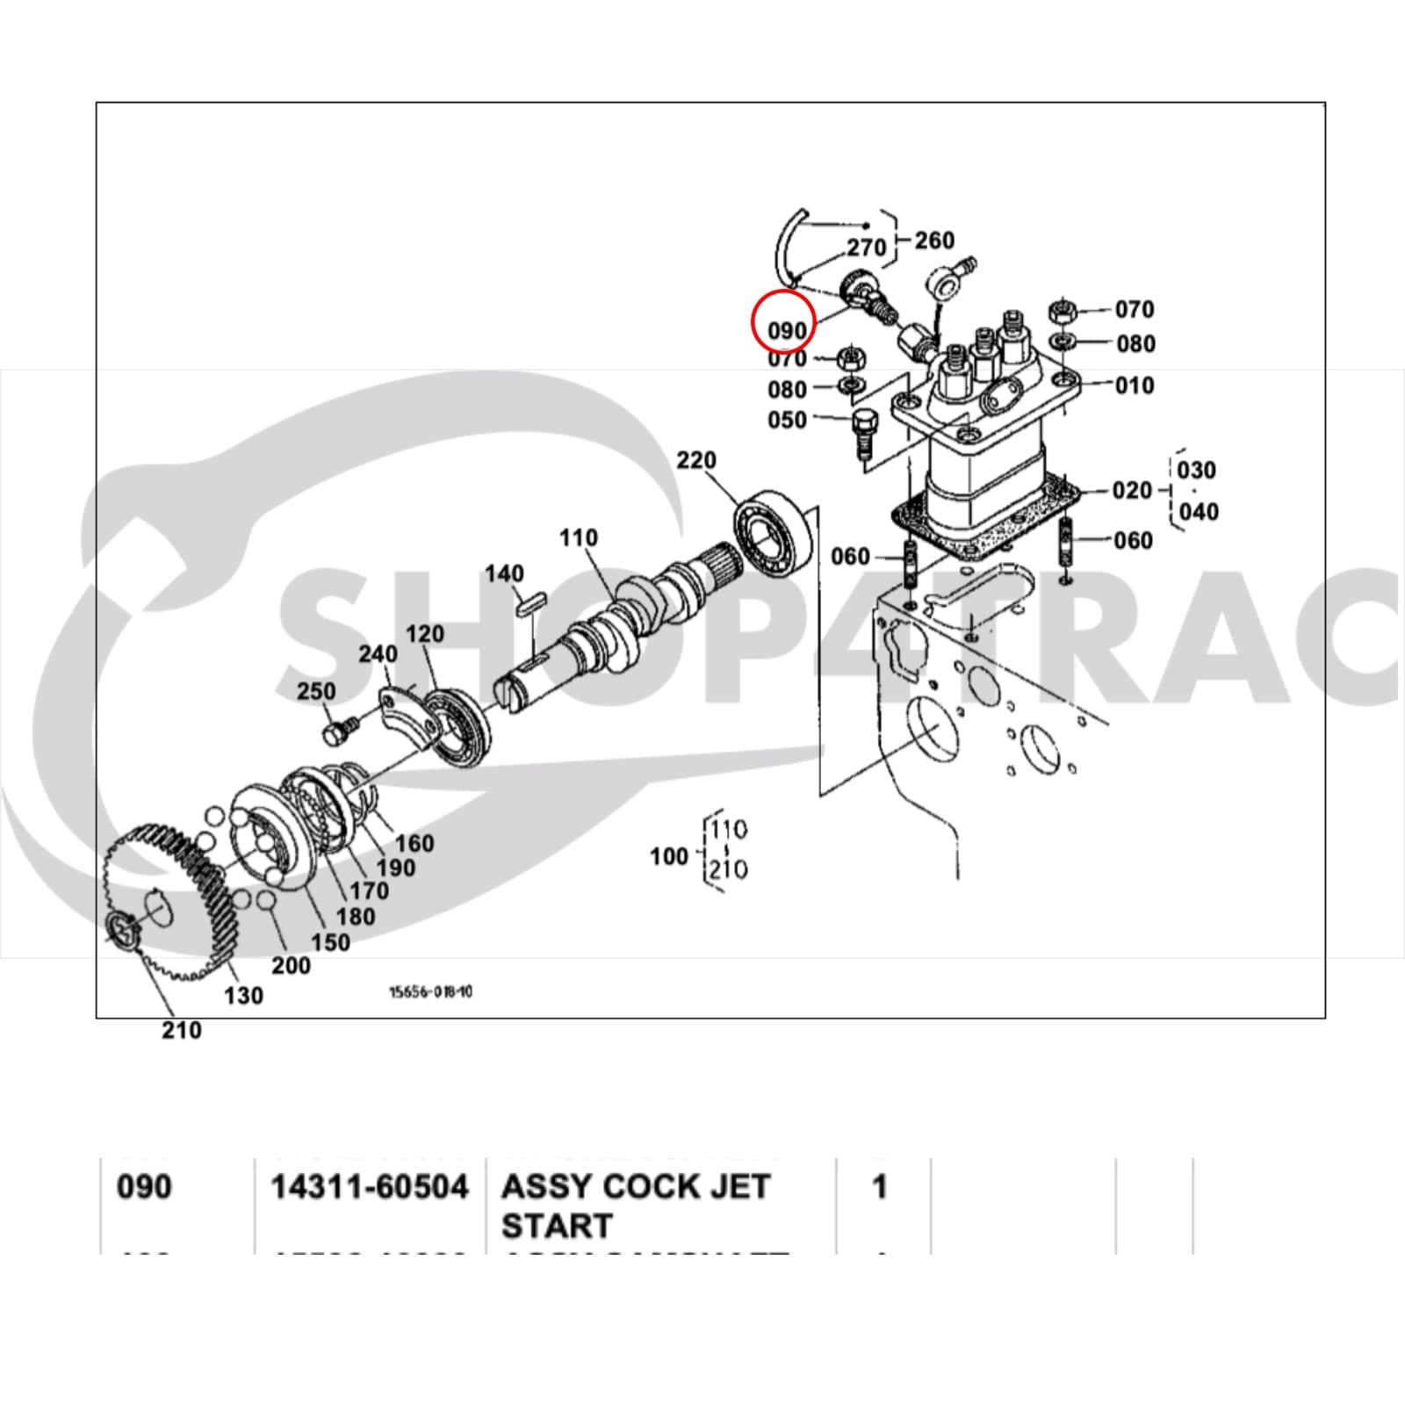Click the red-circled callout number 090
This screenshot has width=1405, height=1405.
(x=786, y=330)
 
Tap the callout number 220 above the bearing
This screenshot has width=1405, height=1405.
(x=696, y=460)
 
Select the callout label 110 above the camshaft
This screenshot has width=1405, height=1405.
(x=579, y=537)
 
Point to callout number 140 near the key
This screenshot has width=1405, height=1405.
(x=504, y=573)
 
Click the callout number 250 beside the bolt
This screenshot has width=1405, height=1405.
(x=316, y=691)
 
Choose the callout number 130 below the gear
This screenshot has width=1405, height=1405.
(x=243, y=995)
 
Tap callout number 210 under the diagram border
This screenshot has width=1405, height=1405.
(x=182, y=1030)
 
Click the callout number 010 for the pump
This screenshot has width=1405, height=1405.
(x=1135, y=385)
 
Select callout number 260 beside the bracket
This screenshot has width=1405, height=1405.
(x=934, y=240)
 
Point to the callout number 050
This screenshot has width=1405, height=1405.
(x=787, y=420)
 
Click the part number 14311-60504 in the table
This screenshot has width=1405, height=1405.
(x=370, y=1187)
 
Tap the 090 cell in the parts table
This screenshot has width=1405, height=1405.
(x=144, y=1187)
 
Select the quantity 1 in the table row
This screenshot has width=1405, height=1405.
(x=879, y=1187)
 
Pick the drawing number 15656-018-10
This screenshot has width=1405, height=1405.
(x=431, y=991)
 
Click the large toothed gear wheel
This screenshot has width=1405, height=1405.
(x=167, y=896)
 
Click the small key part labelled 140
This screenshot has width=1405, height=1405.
(x=531, y=605)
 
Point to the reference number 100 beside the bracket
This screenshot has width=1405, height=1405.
(x=668, y=855)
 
